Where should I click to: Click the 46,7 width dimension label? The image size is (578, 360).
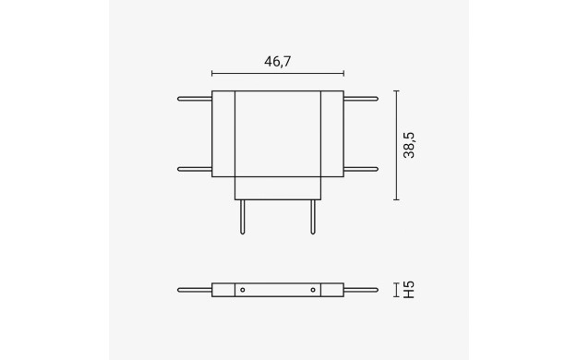(278, 62)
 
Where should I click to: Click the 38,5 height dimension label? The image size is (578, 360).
(409, 145)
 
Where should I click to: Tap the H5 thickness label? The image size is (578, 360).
(409, 290)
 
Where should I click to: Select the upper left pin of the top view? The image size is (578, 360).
(195, 99)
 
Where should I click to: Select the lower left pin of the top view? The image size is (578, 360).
(195, 169)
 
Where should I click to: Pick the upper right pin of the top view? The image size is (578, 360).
(361, 99)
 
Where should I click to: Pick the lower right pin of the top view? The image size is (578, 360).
(361, 169)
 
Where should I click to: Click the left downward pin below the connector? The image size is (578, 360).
(243, 217)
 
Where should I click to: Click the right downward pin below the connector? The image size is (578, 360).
(313, 217)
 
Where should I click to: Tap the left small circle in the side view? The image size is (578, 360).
(243, 290)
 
